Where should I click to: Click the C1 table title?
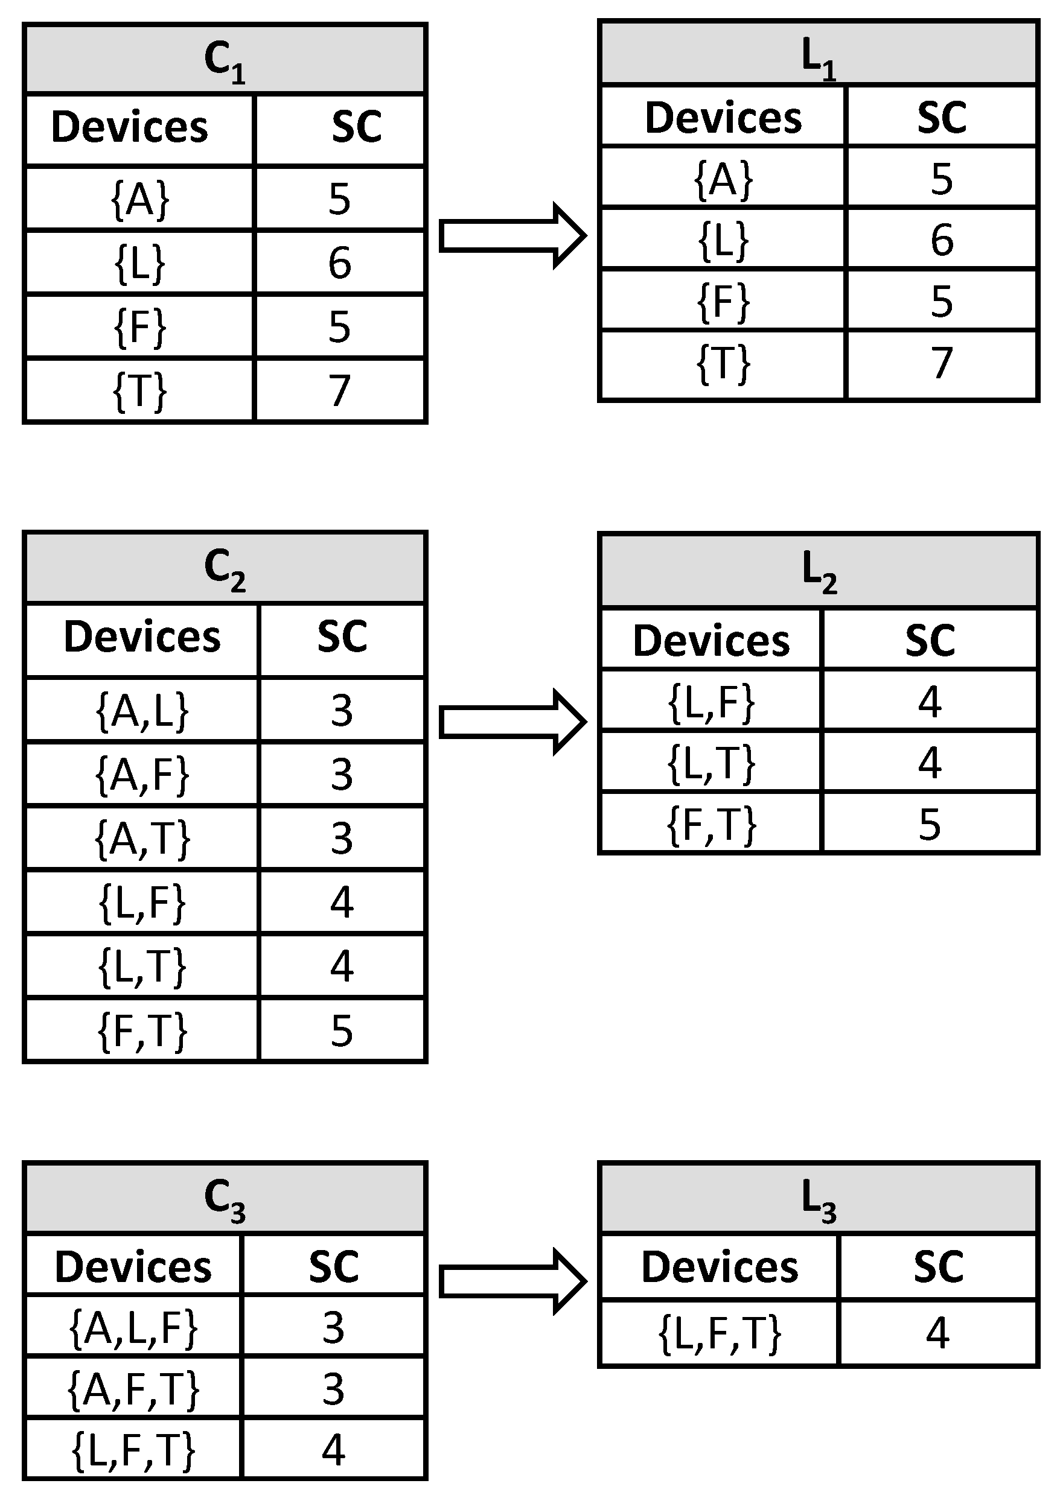225,60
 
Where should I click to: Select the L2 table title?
819,570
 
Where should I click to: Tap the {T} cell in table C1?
140,391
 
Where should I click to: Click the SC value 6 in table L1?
941,240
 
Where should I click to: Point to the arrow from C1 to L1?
512,236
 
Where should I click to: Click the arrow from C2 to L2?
512,722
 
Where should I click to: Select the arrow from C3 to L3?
512,1281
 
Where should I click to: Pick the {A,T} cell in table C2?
142,839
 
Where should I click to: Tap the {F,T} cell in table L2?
712,824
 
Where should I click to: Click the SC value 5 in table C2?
342,1030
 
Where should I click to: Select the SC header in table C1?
356,127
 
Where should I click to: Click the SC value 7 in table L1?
941,363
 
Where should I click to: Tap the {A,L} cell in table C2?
142,711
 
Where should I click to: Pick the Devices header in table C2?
142,638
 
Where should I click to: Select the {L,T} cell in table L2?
712,763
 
